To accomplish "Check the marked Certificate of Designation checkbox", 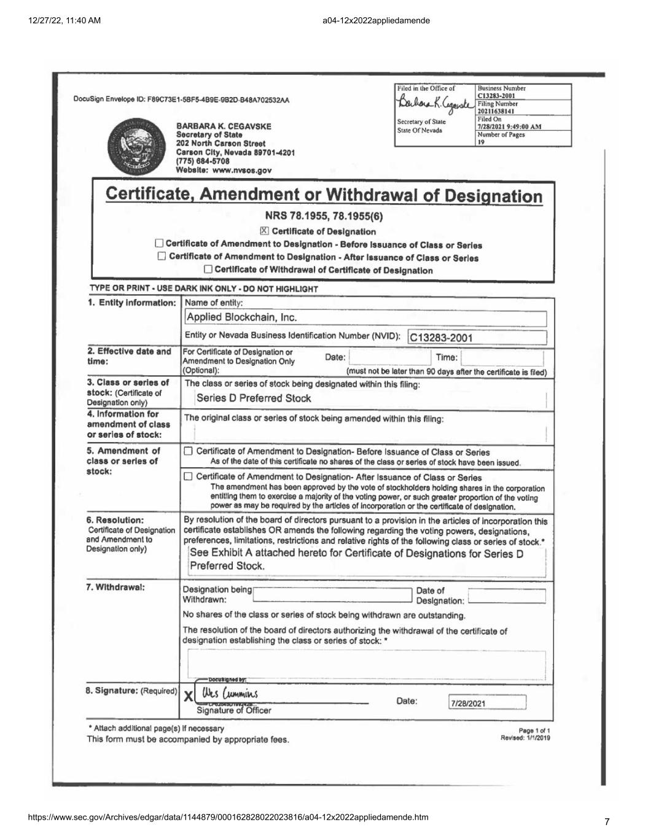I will tap(264, 231).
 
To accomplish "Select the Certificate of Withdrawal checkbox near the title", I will tap(209, 270).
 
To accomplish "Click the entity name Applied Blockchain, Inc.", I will tap(241, 318).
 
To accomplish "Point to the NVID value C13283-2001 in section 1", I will tap(441, 338).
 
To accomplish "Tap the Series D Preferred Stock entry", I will tap(254, 398).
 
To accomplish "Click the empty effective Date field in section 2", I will tap(388, 357).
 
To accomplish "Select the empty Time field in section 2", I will tap(501, 357).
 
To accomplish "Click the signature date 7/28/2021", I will tap(468, 704).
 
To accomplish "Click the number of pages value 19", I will tap(481, 142).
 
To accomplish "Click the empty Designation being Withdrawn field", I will tap(332, 594).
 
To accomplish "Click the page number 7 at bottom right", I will tap(607, 821).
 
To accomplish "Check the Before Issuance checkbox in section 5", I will tap(189, 452).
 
